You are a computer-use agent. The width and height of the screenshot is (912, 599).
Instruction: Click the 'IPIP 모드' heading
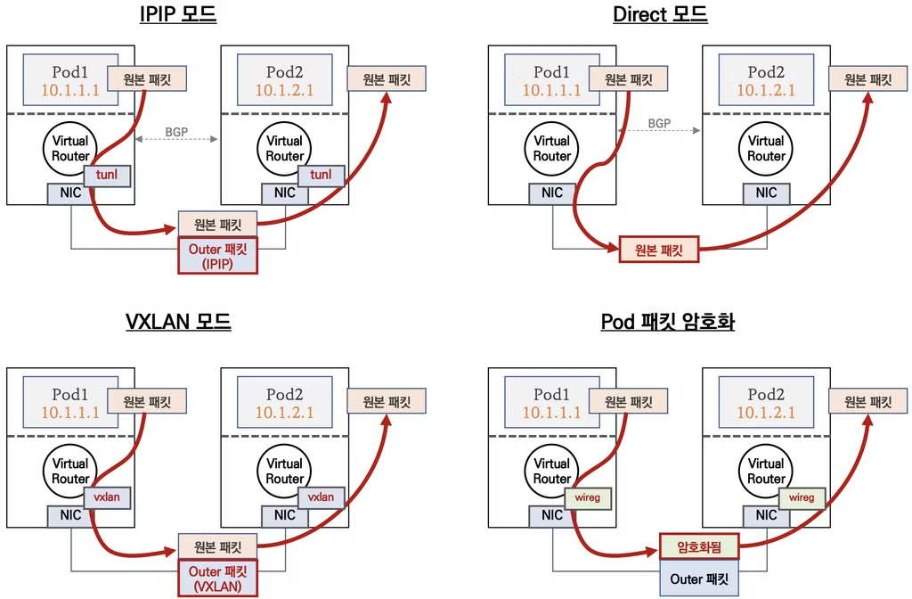point(178,14)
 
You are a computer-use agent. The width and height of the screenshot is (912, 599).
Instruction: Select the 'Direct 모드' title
point(660,14)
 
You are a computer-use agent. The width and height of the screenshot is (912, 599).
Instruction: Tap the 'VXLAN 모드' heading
point(178,321)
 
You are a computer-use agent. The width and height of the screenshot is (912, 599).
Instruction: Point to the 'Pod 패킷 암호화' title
point(660,321)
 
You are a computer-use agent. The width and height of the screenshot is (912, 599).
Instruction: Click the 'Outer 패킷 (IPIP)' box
point(217,256)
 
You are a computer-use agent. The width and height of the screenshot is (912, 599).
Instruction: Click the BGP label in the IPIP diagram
point(177,133)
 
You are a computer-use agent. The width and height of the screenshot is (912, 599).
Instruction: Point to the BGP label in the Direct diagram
point(659,123)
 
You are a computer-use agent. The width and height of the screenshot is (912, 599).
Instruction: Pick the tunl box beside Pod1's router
point(107,176)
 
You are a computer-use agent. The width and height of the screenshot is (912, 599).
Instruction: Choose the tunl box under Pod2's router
point(321,176)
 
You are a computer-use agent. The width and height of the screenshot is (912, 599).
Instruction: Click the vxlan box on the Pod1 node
point(107,497)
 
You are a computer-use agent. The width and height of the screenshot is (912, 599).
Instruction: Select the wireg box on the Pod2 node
point(802,497)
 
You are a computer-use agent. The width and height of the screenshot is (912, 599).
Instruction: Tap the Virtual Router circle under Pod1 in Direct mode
point(552,148)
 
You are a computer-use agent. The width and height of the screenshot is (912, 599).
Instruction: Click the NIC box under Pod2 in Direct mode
point(766,193)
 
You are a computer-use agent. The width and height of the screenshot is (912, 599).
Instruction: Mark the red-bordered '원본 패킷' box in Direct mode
point(659,251)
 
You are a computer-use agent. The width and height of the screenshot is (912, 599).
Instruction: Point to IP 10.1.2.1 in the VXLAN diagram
point(285,412)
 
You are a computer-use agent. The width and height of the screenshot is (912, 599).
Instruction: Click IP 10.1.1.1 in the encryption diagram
point(551,412)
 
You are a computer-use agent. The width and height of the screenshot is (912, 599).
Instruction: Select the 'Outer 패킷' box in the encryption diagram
point(700,579)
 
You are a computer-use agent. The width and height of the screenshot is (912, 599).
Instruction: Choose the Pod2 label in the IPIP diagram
point(285,71)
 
